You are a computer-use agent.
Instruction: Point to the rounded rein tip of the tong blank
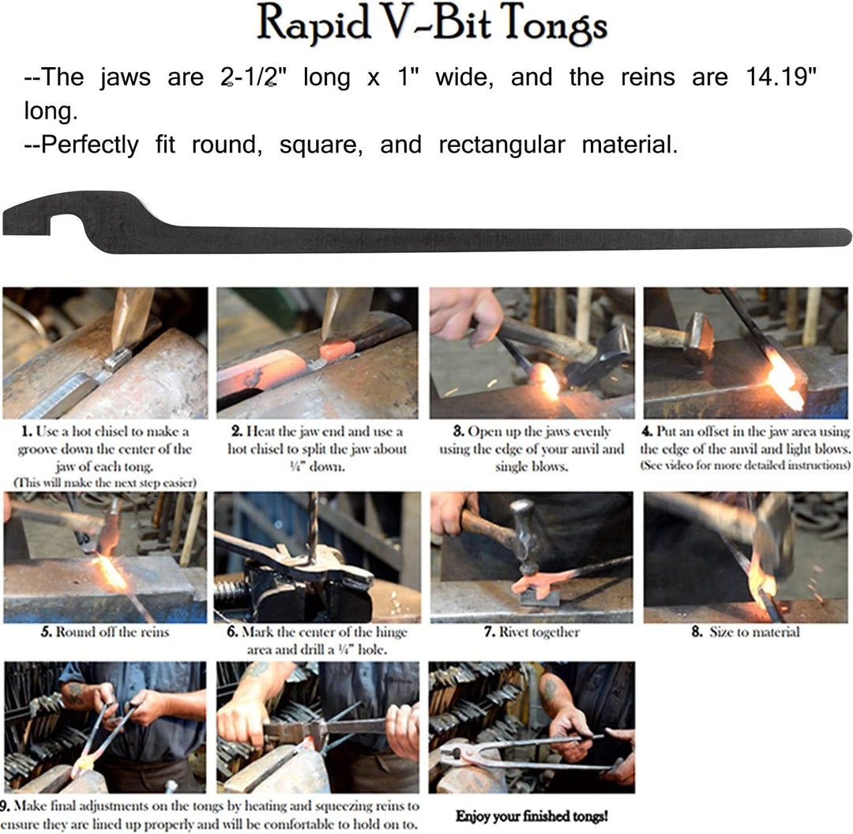(844, 237)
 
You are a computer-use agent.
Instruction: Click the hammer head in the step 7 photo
(524, 536)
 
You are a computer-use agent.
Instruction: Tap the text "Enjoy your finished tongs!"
(532, 816)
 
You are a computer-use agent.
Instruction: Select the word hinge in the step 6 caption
(391, 632)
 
